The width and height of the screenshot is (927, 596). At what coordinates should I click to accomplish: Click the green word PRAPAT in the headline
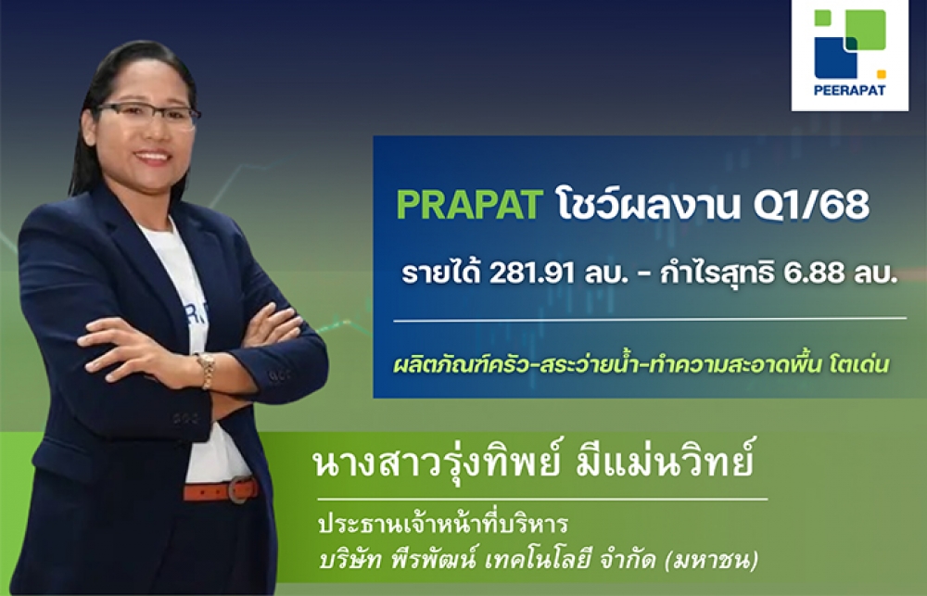[x=469, y=205]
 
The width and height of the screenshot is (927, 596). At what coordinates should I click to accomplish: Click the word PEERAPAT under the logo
[x=849, y=92]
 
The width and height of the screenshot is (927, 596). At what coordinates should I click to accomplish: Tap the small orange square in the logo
[x=881, y=74]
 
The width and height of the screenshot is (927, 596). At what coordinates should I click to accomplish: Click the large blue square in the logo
[x=835, y=58]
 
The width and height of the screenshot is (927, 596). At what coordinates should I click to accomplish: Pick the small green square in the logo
[x=822, y=18]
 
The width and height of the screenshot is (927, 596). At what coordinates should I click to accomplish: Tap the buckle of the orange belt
[x=239, y=489]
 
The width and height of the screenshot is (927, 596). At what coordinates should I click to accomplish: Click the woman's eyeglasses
[x=146, y=115]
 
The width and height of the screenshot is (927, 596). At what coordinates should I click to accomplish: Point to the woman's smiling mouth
[x=153, y=158]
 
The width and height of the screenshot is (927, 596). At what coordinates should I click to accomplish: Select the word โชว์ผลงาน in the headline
[x=647, y=204]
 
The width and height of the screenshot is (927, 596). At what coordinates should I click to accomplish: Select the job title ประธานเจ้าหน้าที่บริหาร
[x=443, y=524]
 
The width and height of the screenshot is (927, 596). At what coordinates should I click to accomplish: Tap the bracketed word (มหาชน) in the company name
[x=711, y=559]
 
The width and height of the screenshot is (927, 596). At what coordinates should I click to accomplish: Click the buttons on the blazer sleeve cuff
[x=280, y=374]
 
